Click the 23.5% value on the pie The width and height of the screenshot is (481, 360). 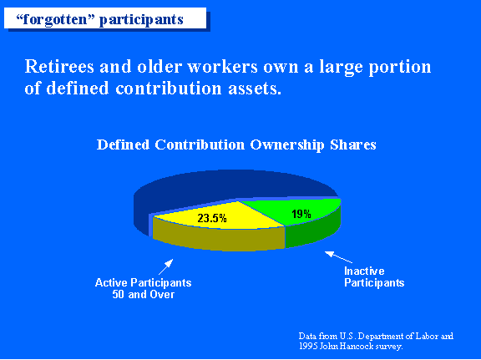212,218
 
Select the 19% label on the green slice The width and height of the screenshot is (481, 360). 301,214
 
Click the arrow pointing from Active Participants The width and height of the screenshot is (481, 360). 165,266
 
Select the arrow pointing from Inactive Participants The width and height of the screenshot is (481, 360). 338,257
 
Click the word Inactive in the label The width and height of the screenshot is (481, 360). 364,271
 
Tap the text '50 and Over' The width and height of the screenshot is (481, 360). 144,295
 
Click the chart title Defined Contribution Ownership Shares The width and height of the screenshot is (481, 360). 236,145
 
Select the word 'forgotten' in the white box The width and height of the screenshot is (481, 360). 55,20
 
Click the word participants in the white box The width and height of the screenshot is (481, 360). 141,21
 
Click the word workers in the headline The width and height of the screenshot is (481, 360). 222,67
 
